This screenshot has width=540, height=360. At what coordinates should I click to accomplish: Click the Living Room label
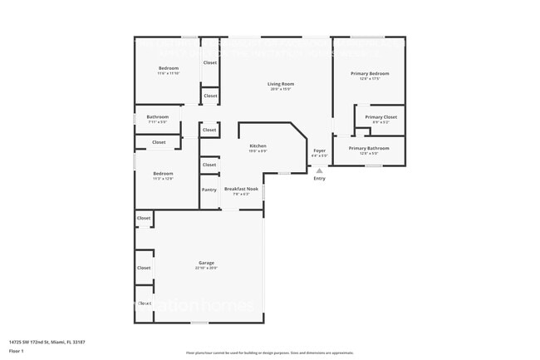(x=281, y=84)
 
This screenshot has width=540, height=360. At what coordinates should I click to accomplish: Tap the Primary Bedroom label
(x=370, y=74)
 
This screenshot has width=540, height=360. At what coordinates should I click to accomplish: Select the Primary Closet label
(x=380, y=117)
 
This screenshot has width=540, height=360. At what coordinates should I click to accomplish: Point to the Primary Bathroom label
(x=369, y=148)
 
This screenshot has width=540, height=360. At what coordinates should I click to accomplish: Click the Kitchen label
(x=258, y=145)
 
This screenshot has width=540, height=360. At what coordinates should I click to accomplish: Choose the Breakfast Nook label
(x=242, y=189)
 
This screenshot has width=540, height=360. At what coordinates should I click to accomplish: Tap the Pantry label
(x=209, y=190)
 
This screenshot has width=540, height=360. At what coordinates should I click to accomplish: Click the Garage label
(x=206, y=263)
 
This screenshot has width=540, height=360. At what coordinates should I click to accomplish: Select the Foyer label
(x=319, y=150)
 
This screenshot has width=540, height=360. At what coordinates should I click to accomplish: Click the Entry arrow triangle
(x=319, y=170)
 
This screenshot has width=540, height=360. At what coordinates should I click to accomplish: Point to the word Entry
(x=319, y=178)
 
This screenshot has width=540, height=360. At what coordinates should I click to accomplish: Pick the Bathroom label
(x=158, y=116)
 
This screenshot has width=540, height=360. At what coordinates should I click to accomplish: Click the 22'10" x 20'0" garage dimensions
(x=206, y=268)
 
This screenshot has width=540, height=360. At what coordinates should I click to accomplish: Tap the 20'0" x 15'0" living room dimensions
(x=281, y=89)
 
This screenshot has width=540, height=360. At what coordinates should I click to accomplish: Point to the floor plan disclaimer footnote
(x=269, y=353)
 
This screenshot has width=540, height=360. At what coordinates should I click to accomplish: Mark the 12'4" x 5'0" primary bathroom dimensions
(x=369, y=153)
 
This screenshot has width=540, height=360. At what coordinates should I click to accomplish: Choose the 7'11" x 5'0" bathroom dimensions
(x=158, y=121)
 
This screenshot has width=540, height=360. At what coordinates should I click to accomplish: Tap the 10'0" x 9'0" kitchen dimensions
(x=258, y=150)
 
